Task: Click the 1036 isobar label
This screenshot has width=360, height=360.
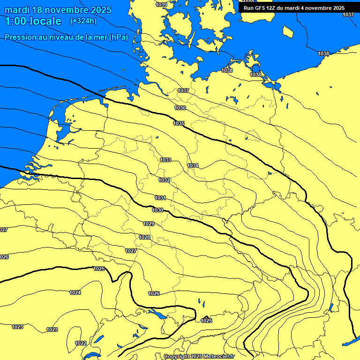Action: (180, 108)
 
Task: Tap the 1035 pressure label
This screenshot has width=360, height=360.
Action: (179, 123)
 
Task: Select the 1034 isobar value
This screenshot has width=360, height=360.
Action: (193, 165)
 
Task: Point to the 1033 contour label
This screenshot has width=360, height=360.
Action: (165, 160)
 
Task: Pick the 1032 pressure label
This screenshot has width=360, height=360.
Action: (164, 180)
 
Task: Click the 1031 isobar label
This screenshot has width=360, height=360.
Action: (160, 198)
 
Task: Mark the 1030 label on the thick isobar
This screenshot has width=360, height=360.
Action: (157, 210)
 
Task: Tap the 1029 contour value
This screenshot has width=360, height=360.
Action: (149, 224)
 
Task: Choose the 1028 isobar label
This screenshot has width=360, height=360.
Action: (144, 238)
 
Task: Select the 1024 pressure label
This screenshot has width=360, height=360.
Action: (75, 292)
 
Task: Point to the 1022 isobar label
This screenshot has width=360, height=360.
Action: (81, 343)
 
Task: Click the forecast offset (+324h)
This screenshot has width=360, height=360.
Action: (83, 21)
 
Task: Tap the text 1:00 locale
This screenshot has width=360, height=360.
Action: (33, 21)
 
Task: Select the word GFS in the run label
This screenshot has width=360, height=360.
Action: (260, 8)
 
